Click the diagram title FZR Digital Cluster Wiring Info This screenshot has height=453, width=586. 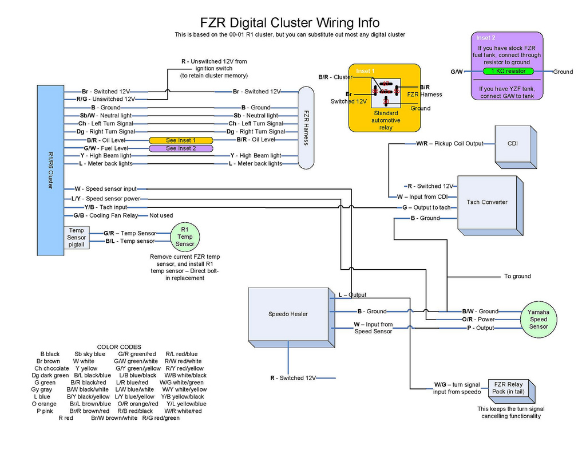(x=290, y=22)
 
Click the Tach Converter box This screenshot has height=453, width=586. (x=487, y=202)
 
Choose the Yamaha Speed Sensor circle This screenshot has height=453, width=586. (x=538, y=320)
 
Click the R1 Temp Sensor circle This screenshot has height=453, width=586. (x=185, y=237)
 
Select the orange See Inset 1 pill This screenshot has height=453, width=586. (x=180, y=140)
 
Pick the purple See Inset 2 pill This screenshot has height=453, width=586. (x=180, y=148)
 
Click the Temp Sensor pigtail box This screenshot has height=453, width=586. (x=76, y=238)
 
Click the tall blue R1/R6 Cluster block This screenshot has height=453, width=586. (x=50, y=170)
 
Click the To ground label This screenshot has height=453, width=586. (x=517, y=276)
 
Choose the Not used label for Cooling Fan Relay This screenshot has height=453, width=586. (x=161, y=216)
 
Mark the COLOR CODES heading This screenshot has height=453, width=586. (x=119, y=347)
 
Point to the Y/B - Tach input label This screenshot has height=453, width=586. (x=105, y=207)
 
